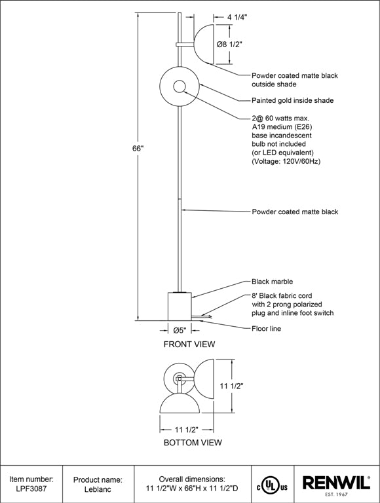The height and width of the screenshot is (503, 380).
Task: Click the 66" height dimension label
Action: point(138,149)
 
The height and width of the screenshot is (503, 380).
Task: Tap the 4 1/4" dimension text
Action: point(237,17)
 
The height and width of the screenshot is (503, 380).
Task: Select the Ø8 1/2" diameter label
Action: point(229,45)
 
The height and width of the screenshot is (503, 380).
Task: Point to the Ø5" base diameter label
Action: point(180,330)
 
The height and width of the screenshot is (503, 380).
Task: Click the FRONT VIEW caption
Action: point(189,345)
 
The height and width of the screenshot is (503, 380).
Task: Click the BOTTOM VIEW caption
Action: point(193,442)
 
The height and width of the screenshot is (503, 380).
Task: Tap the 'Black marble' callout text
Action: point(272,282)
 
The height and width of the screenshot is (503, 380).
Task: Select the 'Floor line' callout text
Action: point(267,329)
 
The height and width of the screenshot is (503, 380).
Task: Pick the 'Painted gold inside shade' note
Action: point(293,100)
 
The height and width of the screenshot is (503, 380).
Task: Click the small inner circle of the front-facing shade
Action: point(180,86)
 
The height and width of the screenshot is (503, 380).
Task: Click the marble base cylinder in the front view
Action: point(180,306)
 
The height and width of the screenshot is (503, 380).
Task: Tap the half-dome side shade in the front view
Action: point(204,44)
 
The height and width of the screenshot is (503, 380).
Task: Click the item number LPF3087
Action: point(31,489)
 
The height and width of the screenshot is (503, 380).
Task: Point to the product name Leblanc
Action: point(98,489)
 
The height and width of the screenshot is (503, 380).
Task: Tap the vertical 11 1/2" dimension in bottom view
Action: point(231,386)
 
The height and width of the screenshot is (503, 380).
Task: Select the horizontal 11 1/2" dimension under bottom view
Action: point(187,430)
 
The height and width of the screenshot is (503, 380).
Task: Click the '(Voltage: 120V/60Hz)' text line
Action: point(286,161)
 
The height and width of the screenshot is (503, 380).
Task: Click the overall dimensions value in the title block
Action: point(192,489)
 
